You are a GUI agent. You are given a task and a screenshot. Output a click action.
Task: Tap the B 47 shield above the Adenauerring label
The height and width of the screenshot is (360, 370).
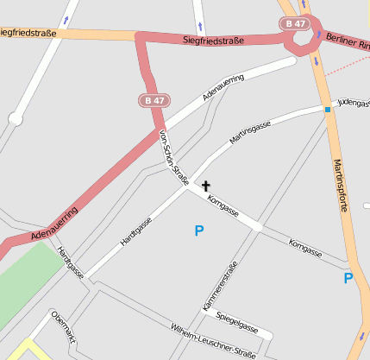154,101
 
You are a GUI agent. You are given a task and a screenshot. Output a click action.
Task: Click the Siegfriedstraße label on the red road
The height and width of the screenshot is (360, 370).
213,40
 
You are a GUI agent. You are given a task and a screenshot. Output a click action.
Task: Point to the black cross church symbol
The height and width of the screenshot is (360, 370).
206,185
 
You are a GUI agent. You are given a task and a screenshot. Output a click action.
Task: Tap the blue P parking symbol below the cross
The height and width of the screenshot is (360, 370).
199,231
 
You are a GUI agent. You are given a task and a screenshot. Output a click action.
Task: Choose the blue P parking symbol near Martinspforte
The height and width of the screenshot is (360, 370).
348,278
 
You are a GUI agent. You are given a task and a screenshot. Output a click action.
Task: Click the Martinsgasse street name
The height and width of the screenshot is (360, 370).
250,131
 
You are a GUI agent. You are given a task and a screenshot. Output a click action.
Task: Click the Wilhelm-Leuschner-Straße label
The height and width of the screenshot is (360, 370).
213,341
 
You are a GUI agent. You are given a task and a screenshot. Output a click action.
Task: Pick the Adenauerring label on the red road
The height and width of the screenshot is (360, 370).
54,222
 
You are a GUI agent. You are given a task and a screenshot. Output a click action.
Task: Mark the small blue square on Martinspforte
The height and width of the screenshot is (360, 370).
328,110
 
